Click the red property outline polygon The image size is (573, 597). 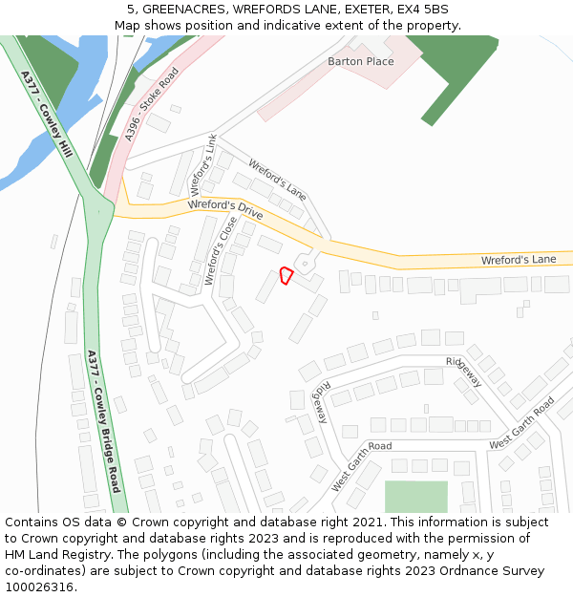(x=286, y=275)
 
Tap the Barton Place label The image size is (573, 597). (x=360, y=62)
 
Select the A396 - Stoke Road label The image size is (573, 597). (x=152, y=105)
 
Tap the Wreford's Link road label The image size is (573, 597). (x=203, y=164)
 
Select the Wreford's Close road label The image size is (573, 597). (x=221, y=250)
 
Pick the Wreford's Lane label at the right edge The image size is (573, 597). (x=518, y=259)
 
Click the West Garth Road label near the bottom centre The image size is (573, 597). (x=361, y=466)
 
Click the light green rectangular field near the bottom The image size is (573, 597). (x=415, y=497)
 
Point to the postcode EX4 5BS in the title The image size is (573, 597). (x=425, y=10)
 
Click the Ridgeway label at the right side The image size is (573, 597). (x=464, y=372)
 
